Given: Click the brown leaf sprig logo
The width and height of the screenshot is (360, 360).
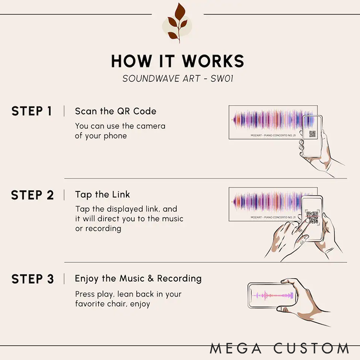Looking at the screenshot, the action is tap(177, 23).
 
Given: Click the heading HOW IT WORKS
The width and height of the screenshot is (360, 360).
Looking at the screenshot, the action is tap(178, 61).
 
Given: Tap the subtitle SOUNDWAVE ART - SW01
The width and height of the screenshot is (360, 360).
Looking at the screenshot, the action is tap(178, 78).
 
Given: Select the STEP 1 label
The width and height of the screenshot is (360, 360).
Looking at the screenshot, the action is tap(31, 111).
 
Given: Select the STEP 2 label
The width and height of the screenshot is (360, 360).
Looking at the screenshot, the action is tap(32, 195).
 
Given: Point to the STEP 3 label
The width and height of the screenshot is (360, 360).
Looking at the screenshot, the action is tap(32, 279).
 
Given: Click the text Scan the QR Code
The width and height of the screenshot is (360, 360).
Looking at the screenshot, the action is tap(116, 111).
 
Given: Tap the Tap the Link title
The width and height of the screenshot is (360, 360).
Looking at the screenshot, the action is tap(103, 195).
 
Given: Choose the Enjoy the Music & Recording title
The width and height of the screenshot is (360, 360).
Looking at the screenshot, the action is tap(138, 279).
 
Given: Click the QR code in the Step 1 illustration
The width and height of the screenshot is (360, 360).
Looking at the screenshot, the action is tap(312, 134).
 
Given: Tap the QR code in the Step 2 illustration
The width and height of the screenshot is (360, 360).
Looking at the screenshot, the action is tap(312, 217).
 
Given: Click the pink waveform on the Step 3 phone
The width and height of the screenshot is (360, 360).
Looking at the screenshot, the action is tap(273, 296).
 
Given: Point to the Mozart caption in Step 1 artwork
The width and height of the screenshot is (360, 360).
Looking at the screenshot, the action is tap(273, 135).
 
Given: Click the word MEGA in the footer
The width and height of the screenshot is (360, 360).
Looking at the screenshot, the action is tap(236, 348).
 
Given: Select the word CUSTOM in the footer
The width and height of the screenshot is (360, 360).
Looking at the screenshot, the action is tap(311, 348).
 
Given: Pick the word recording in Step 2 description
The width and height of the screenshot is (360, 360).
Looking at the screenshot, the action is tap(103, 229).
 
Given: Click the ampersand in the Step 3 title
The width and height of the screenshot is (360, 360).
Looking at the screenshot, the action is tap(151, 279).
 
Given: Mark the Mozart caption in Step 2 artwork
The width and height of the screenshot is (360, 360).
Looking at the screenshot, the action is tap(273, 217).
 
